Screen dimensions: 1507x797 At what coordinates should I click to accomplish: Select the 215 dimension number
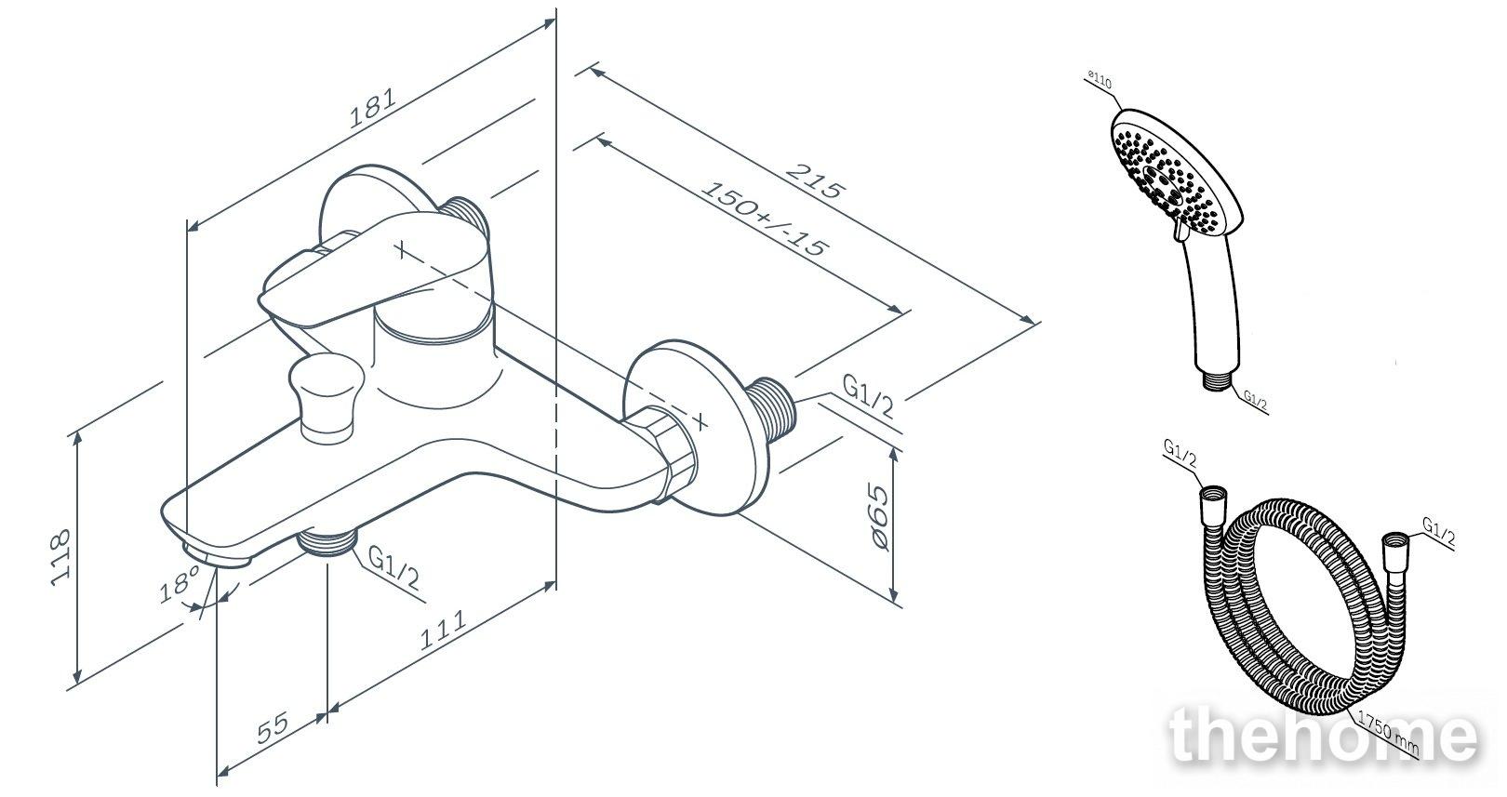pos(813,180)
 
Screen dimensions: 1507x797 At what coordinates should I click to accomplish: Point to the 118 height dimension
pos(60,558)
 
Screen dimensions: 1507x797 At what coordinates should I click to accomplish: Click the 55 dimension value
pos(273,727)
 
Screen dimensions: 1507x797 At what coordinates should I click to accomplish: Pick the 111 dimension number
pos(442,630)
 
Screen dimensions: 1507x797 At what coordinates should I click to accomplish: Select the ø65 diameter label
pos(876,519)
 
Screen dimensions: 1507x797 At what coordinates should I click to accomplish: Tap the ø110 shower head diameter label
pos(1099,80)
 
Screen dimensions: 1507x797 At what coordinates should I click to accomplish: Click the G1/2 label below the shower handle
pos(1256,399)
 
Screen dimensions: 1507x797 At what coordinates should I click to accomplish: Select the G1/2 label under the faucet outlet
pos(394,565)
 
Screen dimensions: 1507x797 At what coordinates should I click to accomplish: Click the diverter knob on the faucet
pos(326,398)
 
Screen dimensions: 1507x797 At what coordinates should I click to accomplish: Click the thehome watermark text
pos(1323,737)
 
